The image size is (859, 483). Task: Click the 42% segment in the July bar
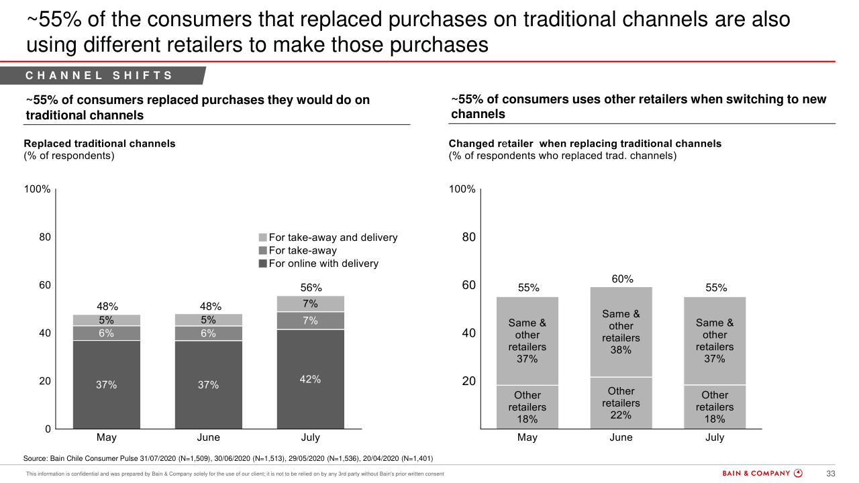click(310, 379)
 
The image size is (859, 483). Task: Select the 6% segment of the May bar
click(107, 333)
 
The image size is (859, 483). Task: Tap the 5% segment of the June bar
click(209, 320)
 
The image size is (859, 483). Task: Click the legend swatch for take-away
click(263, 250)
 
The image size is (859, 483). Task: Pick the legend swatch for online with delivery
click(263, 264)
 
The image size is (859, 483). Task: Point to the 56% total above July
click(310, 288)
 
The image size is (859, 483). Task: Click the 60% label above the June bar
click(621, 279)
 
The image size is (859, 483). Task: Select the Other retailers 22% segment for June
click(621, 403)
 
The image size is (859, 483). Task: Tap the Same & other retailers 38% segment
click(621, 331)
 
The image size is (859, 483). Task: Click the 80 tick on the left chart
click(45, 237)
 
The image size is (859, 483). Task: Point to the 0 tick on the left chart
click(48, 429)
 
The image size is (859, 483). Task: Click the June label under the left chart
click(209, 437)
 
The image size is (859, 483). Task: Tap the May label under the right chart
click(527, 437)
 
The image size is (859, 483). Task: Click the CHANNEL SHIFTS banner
click(101, 76)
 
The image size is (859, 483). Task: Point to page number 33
click(830, 474)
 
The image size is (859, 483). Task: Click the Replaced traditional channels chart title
click(99, 144)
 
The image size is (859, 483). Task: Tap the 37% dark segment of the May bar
click(107, 384)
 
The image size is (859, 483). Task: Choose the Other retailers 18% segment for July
click(715, 407)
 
